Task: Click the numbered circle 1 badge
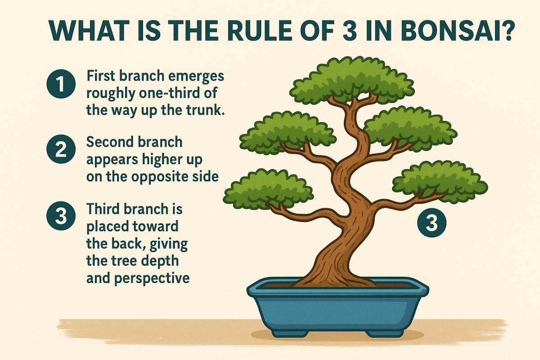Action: click(60, 85)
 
